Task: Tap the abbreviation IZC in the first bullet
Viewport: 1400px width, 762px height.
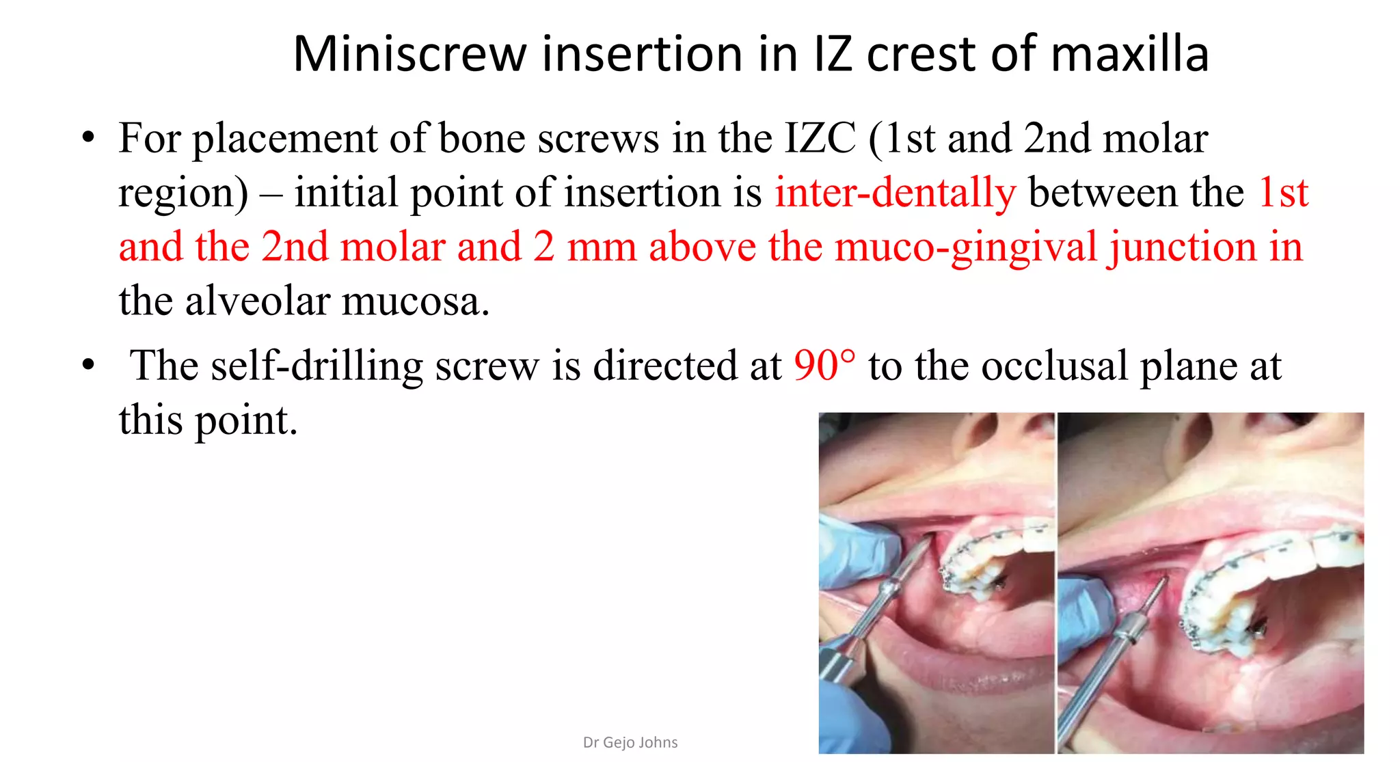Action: point(820,138)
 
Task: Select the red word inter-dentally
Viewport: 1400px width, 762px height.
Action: point(896,192)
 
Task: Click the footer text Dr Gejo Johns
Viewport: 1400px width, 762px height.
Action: point(630,742)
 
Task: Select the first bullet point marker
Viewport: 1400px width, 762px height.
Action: point(87,138)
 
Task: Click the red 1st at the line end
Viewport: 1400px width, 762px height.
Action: point(1283,192)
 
